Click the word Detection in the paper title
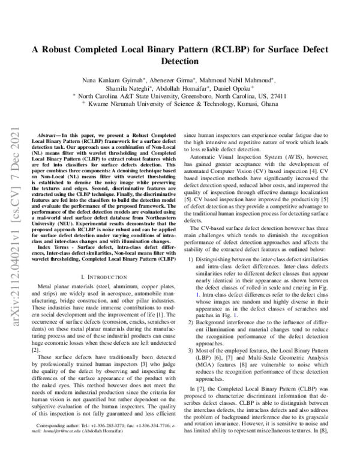tap(180, 61)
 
